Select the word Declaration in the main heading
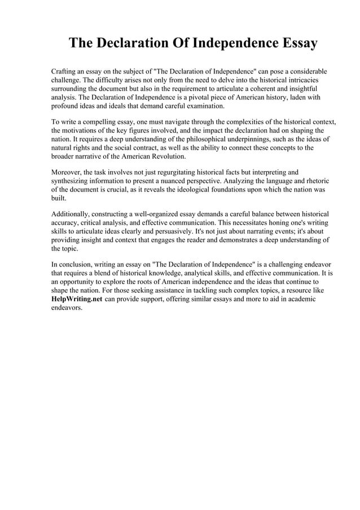[x=141, y=43]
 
